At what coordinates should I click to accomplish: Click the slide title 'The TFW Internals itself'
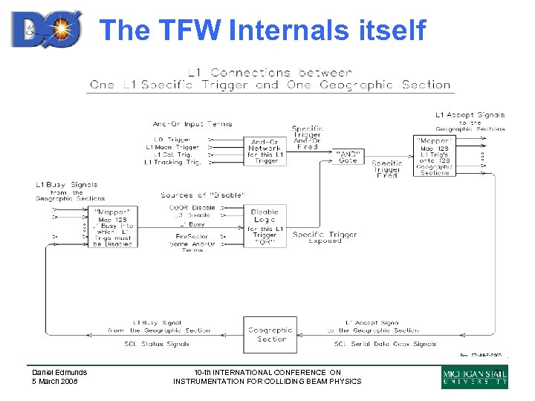point(262,30)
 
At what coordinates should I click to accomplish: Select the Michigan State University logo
point(475,376)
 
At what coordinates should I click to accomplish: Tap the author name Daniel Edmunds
point(59,373)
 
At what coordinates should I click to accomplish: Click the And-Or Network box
point(265,151)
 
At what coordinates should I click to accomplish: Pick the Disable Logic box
point(265,226)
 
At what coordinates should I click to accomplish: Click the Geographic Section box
point(270,335)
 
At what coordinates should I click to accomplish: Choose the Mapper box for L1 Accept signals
point(435,156)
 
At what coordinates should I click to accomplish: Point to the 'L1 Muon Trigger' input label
point(172,147)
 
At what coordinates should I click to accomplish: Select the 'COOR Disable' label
point(192,208)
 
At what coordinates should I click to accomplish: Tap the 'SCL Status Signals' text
point(157,344)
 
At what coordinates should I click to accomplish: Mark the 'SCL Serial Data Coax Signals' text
point(385,344)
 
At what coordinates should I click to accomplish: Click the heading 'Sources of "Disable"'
point(203,195)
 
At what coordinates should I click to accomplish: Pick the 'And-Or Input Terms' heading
point(192,124)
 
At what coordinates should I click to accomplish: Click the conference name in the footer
point(267,376)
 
